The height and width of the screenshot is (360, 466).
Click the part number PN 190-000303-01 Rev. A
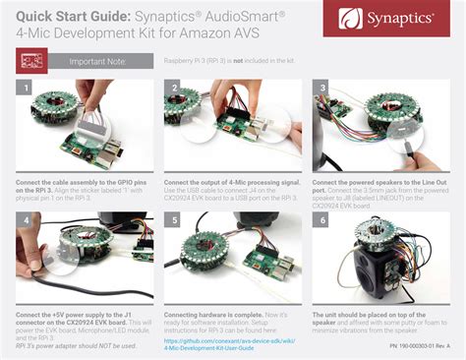(x=418, y=346)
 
